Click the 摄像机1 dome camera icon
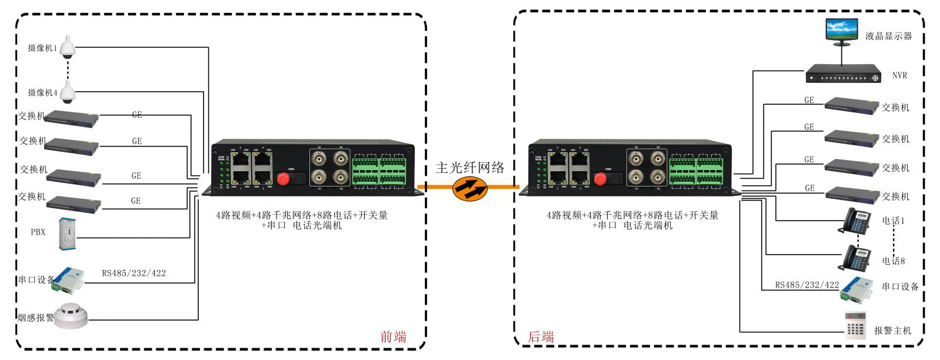(x=68, y=46)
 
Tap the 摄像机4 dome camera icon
(x=68, y=92)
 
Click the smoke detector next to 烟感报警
(x=71, y=315)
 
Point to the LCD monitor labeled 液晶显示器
(x=841, y=31)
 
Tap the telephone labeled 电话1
(x=858, y=221)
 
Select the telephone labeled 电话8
(x=857, y=258)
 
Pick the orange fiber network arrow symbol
(x=470, y=188)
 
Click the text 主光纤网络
(x=470, y=168)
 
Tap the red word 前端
(x=393, y=336)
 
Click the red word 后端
(x=541, y=336)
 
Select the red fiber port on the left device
(x=283, y=178)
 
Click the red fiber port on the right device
(x=600, y=178)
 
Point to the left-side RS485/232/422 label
(x=134, y=273)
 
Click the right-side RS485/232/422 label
(x=806, y=285)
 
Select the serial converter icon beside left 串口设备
(x=69, y=279)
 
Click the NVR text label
(x=899, y=75)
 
